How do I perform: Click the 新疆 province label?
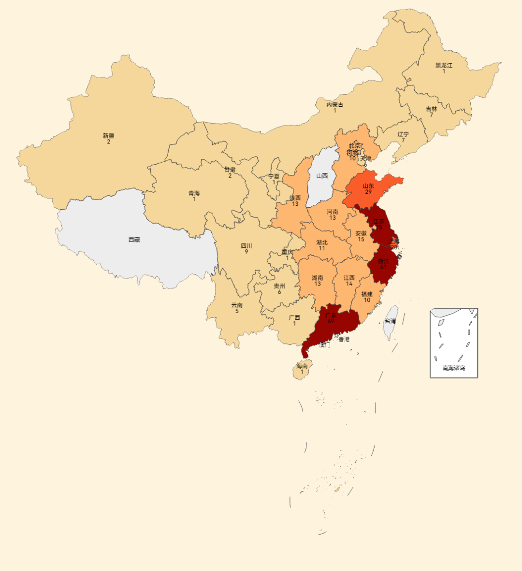click(x=109, y=136)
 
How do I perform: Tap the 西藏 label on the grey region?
click(x=134, y=239)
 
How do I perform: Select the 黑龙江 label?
click(x=444, y=65)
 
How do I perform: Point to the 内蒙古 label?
click(x=334, y=104)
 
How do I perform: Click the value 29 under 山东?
click(x=368, y=192)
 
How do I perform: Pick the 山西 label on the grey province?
click(x=322, y=176)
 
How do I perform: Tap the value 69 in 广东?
click(x=331, y=321)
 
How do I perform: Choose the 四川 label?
click(x=246, y=246)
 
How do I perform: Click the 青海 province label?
click(x=194, y=193)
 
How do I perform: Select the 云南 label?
click(x=237, y=305)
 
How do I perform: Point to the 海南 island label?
click(x=302, y=366)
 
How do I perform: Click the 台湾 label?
click(x=390, y=321)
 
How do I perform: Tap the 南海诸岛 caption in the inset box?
click(x=454, y=368)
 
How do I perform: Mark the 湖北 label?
click(x=322, y=243)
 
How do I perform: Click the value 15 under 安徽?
click(x=361, y=239)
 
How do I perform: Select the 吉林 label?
click(x=431, y=109)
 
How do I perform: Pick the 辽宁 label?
click(x=403, y=134)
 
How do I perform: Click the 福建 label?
click(x=367, y=294)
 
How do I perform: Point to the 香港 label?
click(x=344, y=340)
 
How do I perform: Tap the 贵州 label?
click(x=279, y=286)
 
